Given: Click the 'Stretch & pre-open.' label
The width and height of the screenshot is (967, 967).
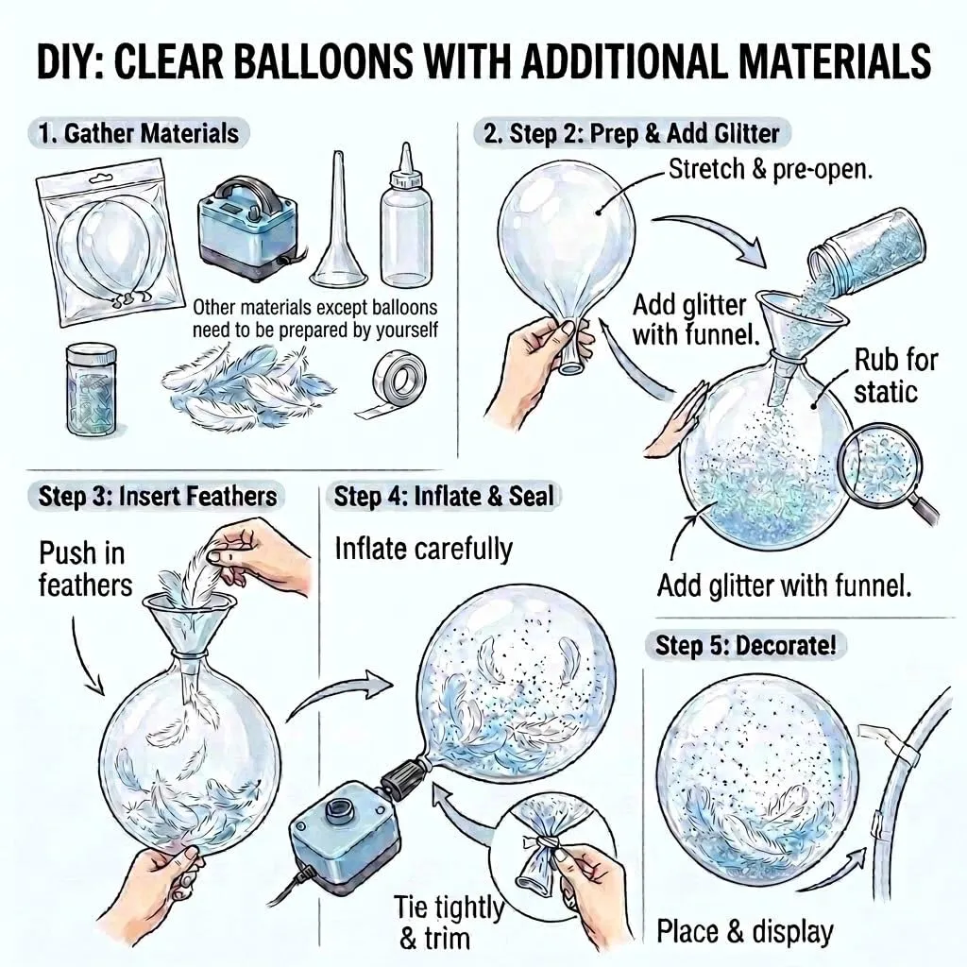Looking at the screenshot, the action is [x=771, y=169].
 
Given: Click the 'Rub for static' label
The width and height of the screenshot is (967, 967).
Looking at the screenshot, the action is [x=895, y=376].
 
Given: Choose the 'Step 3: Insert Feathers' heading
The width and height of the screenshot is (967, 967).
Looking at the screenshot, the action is [x=158, y=497].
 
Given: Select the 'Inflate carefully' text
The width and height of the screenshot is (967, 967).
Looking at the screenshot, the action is [x=424, y=549].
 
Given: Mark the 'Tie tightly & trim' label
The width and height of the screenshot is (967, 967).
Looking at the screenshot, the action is [x=449, y=923].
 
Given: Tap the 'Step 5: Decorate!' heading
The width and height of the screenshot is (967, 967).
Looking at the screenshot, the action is [x=746, y=646].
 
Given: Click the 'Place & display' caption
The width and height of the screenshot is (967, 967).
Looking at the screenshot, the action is [x=744, y=931].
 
